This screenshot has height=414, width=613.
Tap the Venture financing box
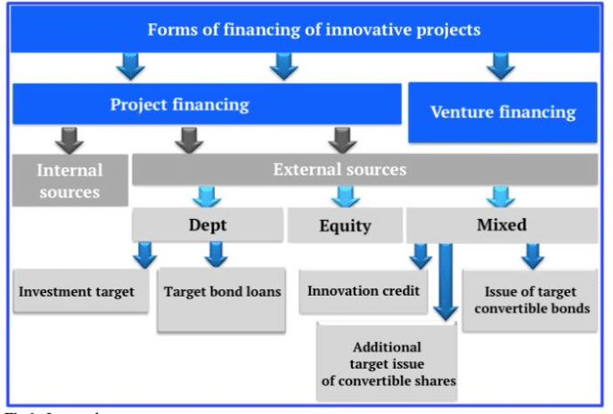[x=503, y=112]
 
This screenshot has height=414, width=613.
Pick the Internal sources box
[x=69, y=181]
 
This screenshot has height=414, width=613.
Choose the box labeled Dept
[x=207, y=225]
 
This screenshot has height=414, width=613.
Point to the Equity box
[x=345, y=226]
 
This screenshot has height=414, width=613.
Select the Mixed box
[x=502, y=225]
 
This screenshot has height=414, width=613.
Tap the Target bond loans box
[x=223, y=292]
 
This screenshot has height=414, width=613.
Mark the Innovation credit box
[x=364, y=291]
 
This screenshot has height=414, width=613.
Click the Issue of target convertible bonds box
[x=530, y=300]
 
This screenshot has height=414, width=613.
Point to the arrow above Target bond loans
[x=215, y=255]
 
